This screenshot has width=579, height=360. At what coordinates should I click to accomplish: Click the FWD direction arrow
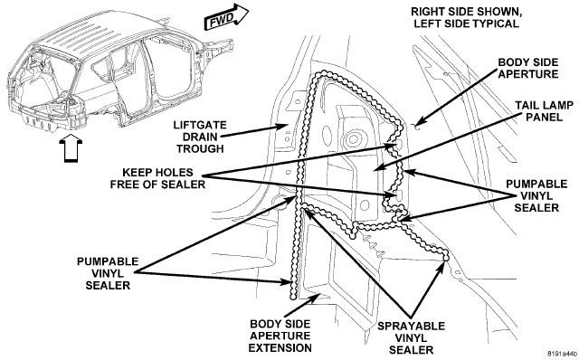(226, 17)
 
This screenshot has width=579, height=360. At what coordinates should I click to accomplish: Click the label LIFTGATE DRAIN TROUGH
(200, 137)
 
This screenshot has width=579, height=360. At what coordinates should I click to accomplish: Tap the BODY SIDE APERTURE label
(528, 68)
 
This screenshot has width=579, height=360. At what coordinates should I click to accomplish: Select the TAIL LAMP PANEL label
(545, 111)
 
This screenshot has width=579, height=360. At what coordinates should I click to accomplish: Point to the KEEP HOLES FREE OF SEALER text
(157, 178)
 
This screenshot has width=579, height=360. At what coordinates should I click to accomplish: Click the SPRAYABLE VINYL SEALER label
(411, 338)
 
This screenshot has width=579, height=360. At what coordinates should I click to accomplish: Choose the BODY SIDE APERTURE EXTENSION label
(280, 336)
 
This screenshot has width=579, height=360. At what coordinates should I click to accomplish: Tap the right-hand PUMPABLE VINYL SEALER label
(536, 195)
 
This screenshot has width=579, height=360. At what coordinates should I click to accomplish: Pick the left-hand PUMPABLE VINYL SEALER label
(108, 273)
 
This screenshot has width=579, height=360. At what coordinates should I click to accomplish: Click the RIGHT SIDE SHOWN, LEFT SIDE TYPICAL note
(467, 18)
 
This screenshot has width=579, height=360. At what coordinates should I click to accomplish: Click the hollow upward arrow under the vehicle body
(71, 147)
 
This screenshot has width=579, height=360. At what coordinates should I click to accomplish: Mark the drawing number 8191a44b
(562, 353)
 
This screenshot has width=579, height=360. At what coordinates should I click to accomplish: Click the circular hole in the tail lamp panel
(354, 139)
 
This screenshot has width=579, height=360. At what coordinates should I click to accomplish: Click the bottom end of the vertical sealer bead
(293, 297)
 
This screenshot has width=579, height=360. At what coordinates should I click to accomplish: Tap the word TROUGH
(200, 149)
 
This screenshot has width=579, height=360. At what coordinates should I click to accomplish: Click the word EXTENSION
(280, 348)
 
